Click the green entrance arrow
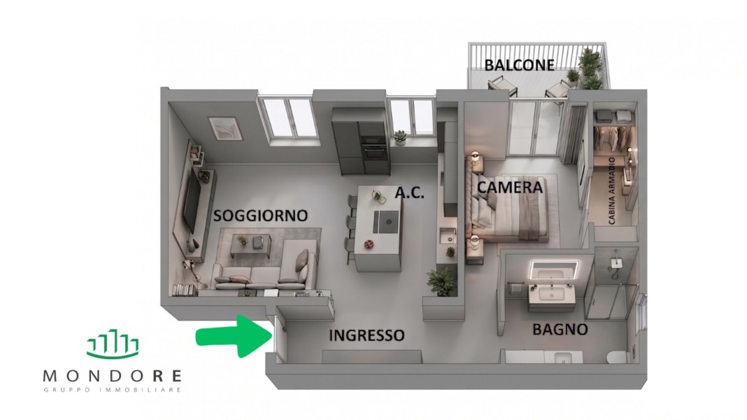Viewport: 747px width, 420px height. (x=234, y=335)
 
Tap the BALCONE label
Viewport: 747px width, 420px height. (x=520, y=65)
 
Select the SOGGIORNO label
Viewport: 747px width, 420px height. (x=260, y=216)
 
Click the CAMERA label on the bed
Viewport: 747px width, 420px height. (x=510, y=188)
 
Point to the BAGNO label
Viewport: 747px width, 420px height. (x=560, y=330)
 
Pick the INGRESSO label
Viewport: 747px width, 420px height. (x=367, y=335)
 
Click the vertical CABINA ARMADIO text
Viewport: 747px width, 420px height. (x=612, y=190)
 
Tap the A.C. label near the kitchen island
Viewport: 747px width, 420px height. (x=410, y=193)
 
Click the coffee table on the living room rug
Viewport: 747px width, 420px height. (x=248, y=246)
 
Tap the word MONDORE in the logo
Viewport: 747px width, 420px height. (x=113, y=376)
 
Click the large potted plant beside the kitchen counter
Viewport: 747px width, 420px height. (x=441, y=281)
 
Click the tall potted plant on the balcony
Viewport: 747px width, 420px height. (x=590, y=69)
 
